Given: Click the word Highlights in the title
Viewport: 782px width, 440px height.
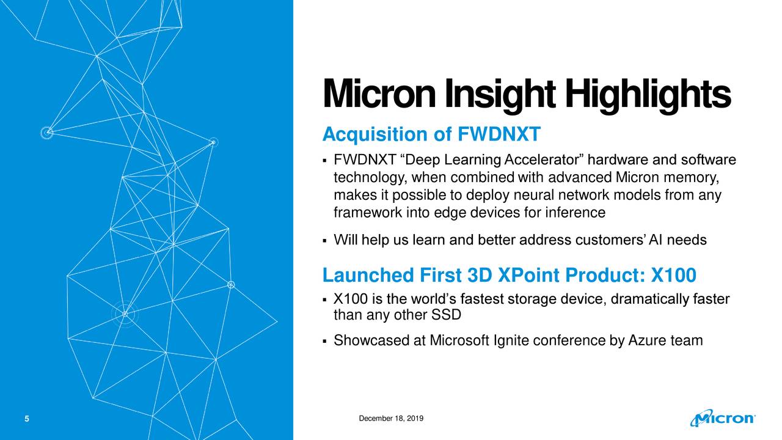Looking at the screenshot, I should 647,96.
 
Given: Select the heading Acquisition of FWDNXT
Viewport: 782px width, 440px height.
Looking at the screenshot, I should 431,134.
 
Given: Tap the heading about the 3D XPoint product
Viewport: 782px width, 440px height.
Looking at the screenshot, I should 508,276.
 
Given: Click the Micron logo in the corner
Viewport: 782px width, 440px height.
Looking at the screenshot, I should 723,419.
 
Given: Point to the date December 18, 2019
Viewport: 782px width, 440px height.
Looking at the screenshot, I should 392,418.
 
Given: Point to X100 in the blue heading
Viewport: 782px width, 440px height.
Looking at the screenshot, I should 673,276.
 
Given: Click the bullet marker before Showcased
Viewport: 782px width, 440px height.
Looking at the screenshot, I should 324,341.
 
